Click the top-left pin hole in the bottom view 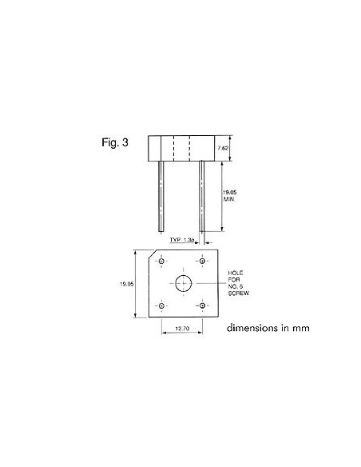(x=162, y=261)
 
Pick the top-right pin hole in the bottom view (x=203, y=261)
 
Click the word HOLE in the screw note (x=236, y=272)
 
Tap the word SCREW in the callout (x=240, y=295)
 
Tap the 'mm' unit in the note (x=300, y=327)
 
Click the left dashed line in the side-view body (x=173, y=148)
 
